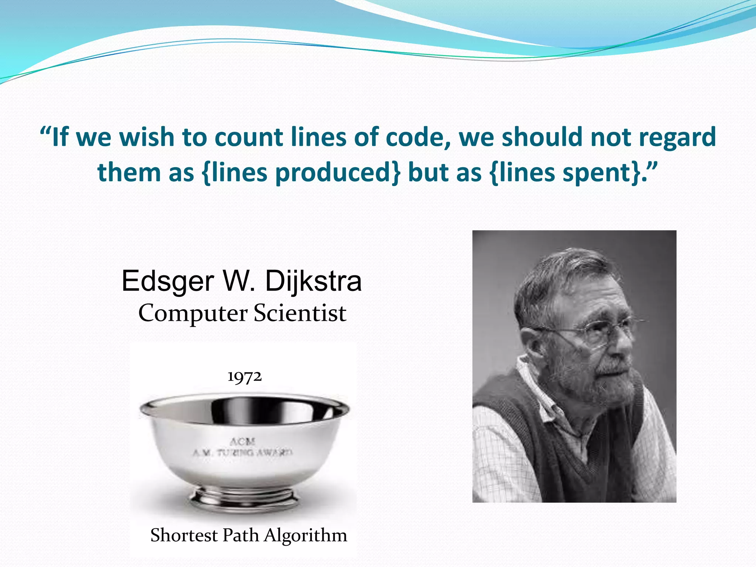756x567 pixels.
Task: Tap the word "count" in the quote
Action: [248, 137]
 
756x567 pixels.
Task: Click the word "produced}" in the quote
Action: [337, 172]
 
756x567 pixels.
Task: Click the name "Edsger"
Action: [168, 281]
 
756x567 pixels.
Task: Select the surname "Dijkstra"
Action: [313, 281]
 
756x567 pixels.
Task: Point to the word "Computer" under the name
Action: [193, 313]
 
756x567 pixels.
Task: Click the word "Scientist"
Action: [300, 313]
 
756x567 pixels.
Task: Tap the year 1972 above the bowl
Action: [244, 377]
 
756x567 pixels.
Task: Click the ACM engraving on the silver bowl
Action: [242, 441]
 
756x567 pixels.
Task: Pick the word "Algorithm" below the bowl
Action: [306, 535]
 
